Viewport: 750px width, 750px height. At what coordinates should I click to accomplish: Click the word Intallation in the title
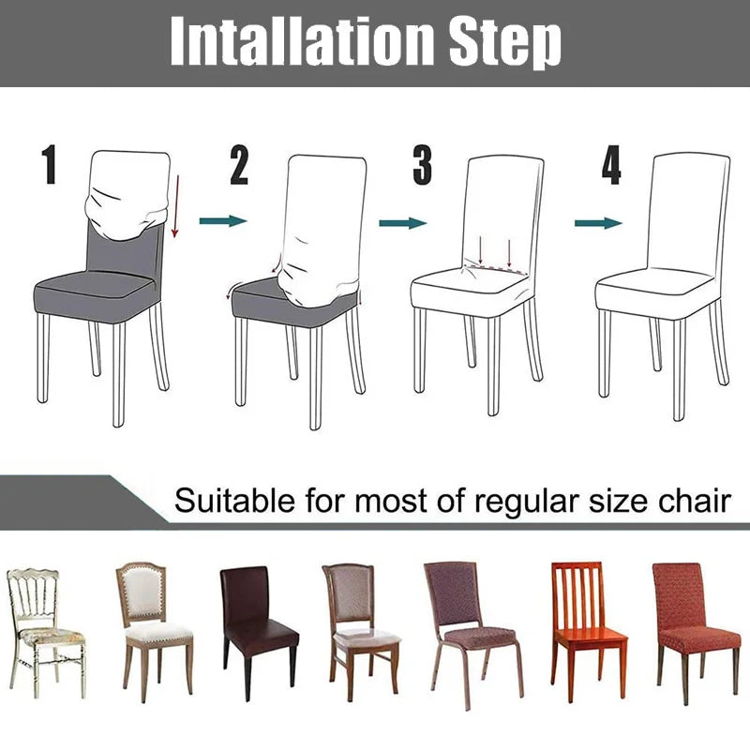click(x=303, y=41)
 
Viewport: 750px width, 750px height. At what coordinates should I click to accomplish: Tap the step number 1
click(x=50, y=165)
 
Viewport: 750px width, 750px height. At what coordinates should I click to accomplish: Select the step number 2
click(x=240, y=165)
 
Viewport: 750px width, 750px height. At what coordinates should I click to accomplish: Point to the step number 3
click(x=423, y=165)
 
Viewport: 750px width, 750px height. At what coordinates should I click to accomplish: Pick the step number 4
click(x=611, y=165)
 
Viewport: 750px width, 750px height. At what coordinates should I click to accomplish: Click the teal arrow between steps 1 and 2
click(x=223, y=221)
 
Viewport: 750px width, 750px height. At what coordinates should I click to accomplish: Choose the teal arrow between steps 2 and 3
click(x=402, y=223)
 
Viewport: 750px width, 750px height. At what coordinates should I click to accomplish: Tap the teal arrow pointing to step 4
click(x=598, y=223)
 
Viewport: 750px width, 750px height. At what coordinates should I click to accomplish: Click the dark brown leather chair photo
click(x=258, y=623)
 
